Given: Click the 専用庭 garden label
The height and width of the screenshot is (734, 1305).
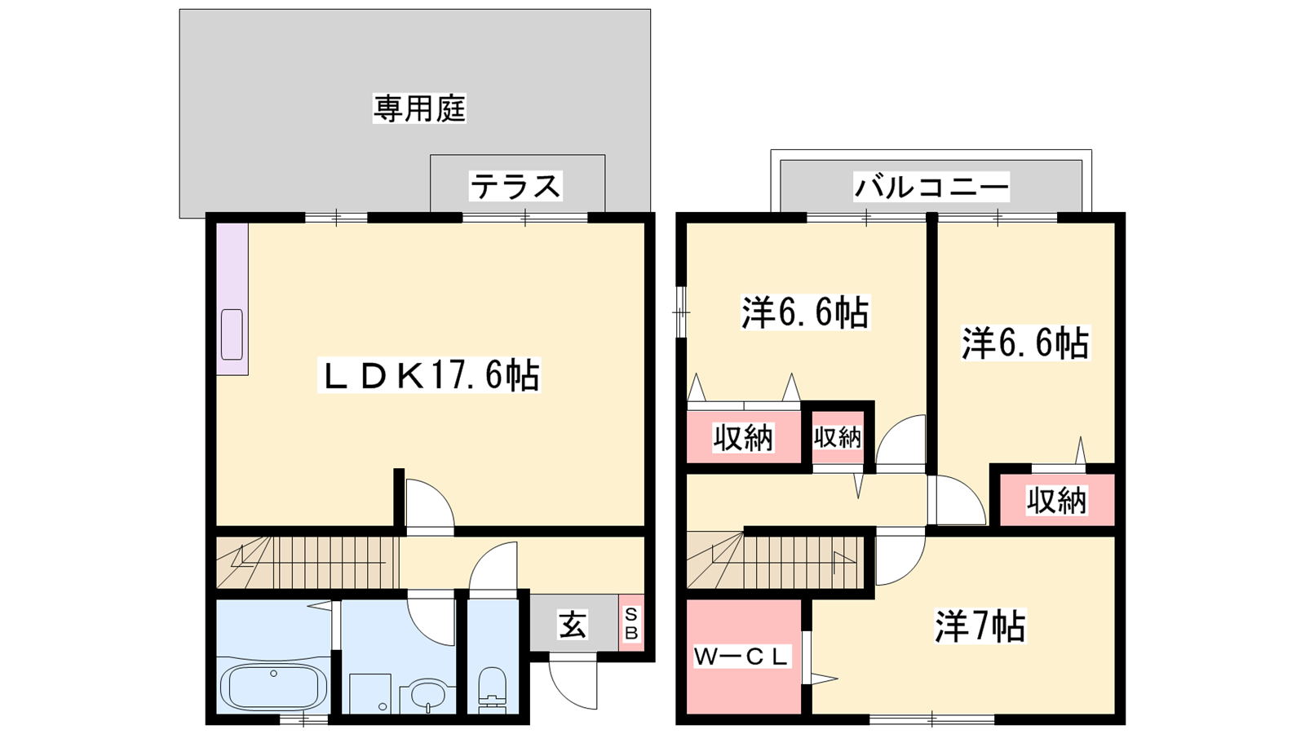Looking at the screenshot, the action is [419, 109].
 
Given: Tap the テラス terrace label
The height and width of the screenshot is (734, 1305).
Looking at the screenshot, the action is [515, 187].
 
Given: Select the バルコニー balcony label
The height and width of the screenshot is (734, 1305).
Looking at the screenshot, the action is [931, 187].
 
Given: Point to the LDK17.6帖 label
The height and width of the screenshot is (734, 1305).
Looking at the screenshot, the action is [429, 374].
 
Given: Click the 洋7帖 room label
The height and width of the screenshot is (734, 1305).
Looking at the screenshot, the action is [980, 626].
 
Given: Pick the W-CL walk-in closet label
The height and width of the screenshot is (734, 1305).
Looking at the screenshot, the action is [741, 657].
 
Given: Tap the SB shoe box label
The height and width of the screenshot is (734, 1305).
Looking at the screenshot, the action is [631, 623].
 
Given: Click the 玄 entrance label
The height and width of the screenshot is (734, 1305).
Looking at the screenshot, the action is [573, 624].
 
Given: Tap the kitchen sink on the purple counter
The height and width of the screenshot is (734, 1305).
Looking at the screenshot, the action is [232, 334].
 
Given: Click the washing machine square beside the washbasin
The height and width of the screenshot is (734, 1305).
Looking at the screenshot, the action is [370, 693].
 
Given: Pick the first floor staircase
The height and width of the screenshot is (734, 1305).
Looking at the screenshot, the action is [307, 562].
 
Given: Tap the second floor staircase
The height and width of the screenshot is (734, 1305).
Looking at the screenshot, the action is [775, 562].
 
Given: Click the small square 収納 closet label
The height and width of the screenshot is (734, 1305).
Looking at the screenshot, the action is [837, 437].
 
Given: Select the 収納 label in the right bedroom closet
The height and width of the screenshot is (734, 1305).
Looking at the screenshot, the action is [1057, 500].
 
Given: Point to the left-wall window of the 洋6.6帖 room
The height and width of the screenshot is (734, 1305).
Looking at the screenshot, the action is [681, 312].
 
